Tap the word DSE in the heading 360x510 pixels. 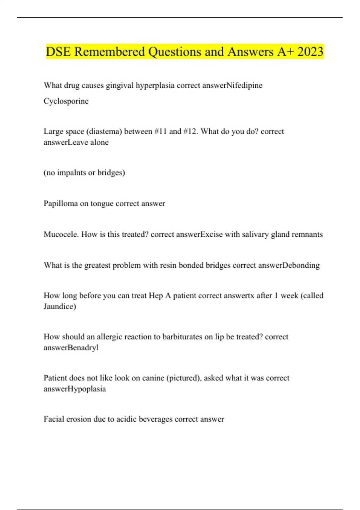pos(58,52)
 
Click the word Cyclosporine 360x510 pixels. pos(66,101)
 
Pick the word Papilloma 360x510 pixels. pos(61,203)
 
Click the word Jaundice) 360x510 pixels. pos(60,306)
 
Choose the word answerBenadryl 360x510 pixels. pos(71,348)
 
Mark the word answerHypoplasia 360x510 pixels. pos(74,389)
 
